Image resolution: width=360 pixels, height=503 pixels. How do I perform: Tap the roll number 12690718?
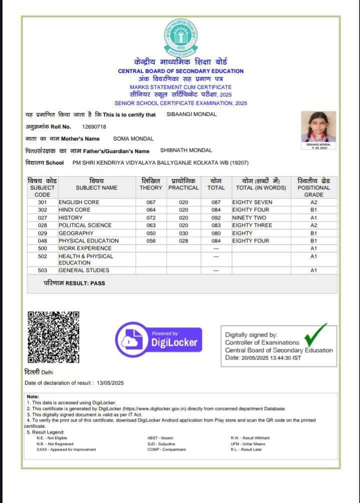pos(94,126)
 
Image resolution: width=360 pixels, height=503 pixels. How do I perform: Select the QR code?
pos(53,336)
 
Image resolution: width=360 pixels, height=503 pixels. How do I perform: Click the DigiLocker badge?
pos(159,338)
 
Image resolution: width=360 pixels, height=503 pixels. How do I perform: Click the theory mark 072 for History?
pos(151,217)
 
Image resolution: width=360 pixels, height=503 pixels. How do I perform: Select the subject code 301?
pos(42,202)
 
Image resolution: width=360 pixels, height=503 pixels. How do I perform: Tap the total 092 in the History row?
pos(216,217)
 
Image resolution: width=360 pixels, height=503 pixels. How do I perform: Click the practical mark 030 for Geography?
pos(183,233)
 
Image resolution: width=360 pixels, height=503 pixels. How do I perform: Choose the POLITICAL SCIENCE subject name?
pos(85,225)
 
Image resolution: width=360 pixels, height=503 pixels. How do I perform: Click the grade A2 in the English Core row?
pos(313,202)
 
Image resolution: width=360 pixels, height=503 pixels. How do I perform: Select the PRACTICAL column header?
pos(183,187)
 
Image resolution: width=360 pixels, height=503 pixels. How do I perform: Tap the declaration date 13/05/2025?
pos(109,383)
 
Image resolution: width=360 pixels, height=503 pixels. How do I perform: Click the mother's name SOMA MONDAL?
pos(133,138)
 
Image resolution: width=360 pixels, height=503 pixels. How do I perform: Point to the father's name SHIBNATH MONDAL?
pos(186,150)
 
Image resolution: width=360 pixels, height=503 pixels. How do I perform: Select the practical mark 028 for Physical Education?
pos(183,240)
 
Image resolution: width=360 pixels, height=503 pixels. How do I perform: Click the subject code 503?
pos(42,270)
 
